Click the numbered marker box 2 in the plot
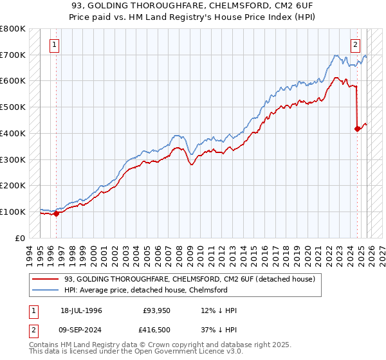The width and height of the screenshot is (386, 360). pyautogui.click(x=355, y=45)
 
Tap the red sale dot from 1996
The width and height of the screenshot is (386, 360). pyautogui.click(x=56, y=213)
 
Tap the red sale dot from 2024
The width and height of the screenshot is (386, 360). pyautogui.click(x=358, y=129)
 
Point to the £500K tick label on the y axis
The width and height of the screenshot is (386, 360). pyautogui.click(x=13, y=107)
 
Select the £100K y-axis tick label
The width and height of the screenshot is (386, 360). pyautogui.click(x=13, y=212)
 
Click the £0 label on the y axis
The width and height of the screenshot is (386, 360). pyautogui.click(x=21, y=238)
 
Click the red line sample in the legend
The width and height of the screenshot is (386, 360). pyautogui.click(x=46, y=279)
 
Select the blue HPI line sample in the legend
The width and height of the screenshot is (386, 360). pyautogui.click(x=46, y=290)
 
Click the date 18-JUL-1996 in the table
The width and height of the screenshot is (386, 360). pyautogui.click(x=81, y=310)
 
